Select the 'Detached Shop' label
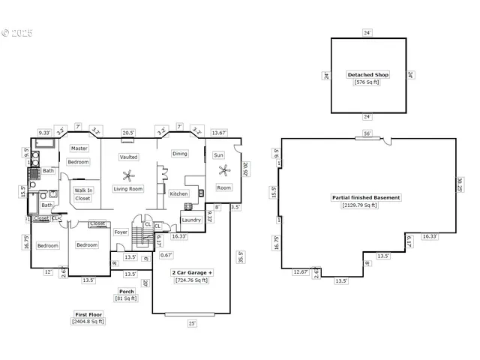pyautogui.click(x=369, y=75)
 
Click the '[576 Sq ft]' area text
pyautogui.click(x=369, y=82)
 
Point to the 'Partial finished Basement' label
pyautogui.click(x=366, y=197)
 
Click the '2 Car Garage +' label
pyautogui.click(x=191, y=273)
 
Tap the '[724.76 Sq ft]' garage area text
pyautogui.click(x=191, y=280)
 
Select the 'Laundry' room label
pyautogui.click(x=191, y=220)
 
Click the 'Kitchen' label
pyautogui.click(x=178, y=193)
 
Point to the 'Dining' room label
pyautogui.click(x=180, y=154)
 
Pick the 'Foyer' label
pyautogui.click(x=121, y=232)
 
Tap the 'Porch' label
pyautogui.click(x=127, y=291)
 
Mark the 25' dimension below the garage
pyautogui.click(x=191, y=323)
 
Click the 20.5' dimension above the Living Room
pyautogui.click(x=128, y=133)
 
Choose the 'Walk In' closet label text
pyautogui.click(x=83, y=190)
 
